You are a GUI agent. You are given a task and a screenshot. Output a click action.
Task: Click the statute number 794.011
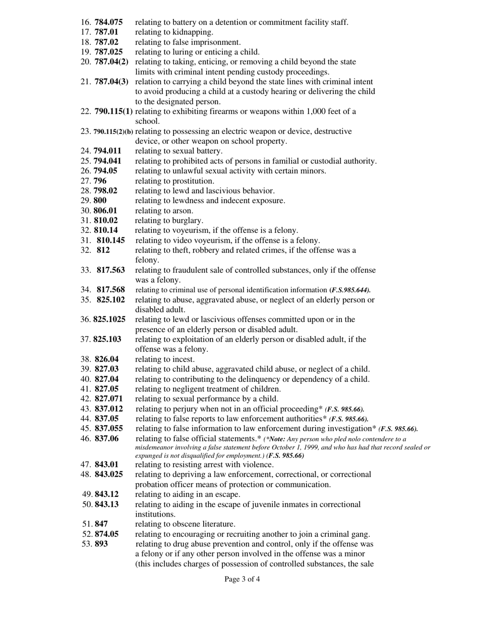(107, 151)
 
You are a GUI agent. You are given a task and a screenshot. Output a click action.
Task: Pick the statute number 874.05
(107, 534)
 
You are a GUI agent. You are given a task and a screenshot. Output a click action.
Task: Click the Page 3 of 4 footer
(242, 580)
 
